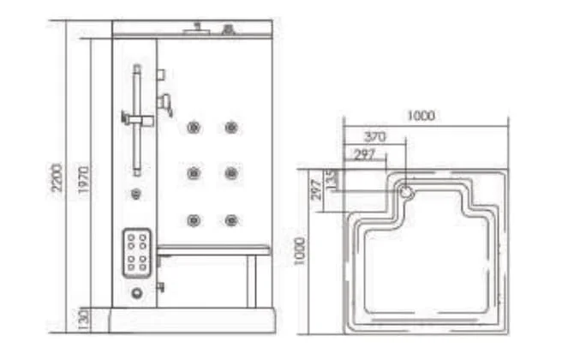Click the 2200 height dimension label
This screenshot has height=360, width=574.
pos(57,177)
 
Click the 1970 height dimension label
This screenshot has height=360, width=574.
pos(83,180)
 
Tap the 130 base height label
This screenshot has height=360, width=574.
pos(84,320)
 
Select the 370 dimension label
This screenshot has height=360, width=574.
pos(375,137)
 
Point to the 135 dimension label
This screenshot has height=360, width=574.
pos(331,179)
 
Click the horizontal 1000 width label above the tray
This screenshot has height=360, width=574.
pos(421,116)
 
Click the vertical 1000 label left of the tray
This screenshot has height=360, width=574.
pos(300,251)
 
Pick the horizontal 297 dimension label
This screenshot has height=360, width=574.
pos(365,155)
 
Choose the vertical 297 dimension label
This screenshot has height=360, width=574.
pos(316,189)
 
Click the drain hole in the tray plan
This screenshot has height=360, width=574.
pos(406,192)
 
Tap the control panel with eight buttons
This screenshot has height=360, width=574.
pos(136,254)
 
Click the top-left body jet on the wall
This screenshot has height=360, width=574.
pos(194,128)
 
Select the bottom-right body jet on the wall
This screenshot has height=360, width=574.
pos(231,220)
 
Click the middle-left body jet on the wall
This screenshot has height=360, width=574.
pos(194,173)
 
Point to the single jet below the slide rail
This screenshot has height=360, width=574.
pos(136,194)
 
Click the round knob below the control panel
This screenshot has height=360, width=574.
pos(136,292)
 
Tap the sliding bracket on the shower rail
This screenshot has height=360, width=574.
pos(138,119)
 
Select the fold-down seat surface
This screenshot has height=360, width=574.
pos(214,250)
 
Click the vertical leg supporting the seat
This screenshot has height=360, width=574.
pos(252,281)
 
